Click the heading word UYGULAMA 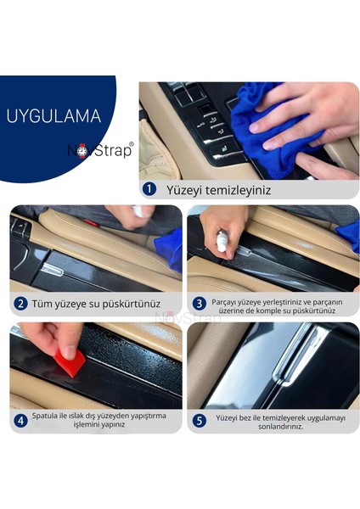click(53, 117)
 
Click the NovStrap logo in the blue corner click(100, 149)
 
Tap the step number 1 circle click(149, 189)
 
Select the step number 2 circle click(20, 303)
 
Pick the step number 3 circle click(200, 303)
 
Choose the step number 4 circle click(20, 421)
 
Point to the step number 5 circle click(200, 421)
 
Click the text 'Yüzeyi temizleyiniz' click(219, 190)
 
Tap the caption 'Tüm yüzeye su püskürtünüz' click(98, 303)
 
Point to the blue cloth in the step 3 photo click(348, 238)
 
